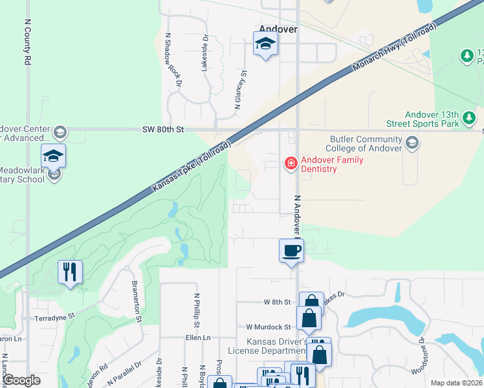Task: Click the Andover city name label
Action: [x=278, y=29]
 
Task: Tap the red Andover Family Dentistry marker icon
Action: [x=291, y=163]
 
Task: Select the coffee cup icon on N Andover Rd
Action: [x=291, y=250]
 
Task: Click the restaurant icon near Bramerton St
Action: [x=70, y=271]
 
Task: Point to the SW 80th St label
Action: [x=163, y=129]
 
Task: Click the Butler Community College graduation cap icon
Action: [x=412, y=142]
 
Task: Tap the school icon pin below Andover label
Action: [x=265, y=45]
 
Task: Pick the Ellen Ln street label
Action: [x=198, y=338]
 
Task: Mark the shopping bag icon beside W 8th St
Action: [x=311, y=303]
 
